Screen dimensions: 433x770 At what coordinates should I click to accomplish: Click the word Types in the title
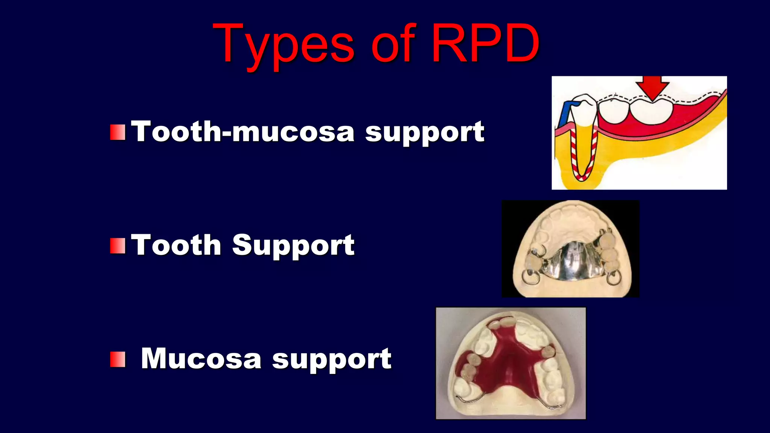[284, 45]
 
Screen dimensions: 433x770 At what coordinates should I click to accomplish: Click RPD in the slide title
[485, 44]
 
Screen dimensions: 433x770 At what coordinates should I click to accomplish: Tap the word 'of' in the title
[393, 45]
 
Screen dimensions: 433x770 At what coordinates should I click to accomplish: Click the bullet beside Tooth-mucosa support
[118, 132]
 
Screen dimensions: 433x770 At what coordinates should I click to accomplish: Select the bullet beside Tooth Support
[118, 246]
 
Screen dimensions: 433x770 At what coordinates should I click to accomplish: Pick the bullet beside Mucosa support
[118, 359]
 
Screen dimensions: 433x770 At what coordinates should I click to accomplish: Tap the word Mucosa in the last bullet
[201, 359]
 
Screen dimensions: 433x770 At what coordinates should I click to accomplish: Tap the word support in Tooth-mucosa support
[425, 132]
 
